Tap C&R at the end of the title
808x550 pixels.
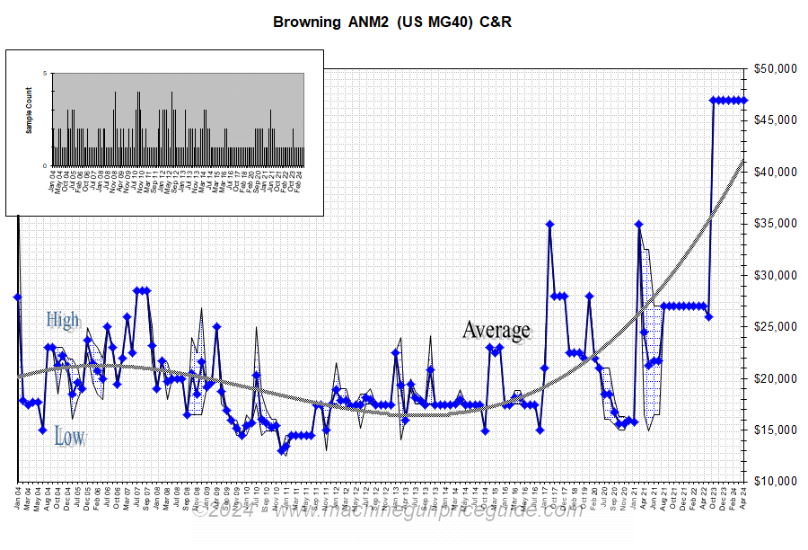[493, 22]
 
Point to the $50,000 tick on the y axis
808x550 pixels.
[775, 68]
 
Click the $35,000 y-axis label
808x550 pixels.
[775, 224]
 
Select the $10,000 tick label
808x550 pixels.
[775, 482]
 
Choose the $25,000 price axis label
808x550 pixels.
[775, 327]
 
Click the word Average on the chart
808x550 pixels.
[496, 331]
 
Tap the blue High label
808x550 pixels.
[63, 320]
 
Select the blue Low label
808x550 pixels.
[69, 438]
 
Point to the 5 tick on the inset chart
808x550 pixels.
[45, 74]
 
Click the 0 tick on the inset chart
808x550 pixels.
[45, 165]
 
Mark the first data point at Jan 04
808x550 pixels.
[18, 297]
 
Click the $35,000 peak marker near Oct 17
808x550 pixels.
[549, 224]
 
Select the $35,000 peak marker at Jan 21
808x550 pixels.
[638, 224]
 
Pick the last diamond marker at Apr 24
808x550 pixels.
[743, 100]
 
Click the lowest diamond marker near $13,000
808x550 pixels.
[281, 450]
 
